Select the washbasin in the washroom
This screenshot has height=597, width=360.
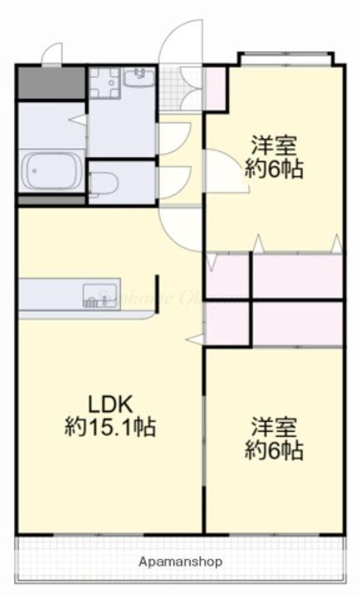[x=139, y=79]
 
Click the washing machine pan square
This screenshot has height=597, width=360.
[x=105, y=82]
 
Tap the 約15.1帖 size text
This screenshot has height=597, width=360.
[x=110, y=428]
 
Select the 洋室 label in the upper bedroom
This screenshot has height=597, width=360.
[x=273, y=146]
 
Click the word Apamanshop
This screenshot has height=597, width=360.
[x=180, y=561]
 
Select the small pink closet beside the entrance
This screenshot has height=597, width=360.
[x=215, y=87]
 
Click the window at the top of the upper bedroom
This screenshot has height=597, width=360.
[x=285, y=59]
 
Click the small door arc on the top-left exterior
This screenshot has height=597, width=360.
[x=51, y=55]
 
